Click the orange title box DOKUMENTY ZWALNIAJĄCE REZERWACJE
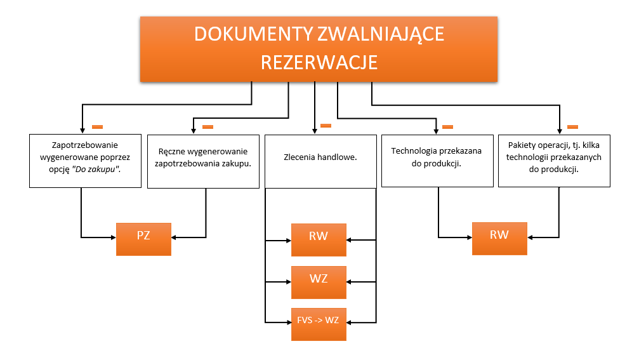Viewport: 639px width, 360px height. click(319, 48)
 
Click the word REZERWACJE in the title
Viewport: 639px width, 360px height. click(319, 62)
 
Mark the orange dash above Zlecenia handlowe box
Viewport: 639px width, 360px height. click(326, 126)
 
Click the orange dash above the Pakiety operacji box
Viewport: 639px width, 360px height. click(572, 126)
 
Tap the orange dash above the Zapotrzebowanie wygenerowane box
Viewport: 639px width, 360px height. click(97, 126)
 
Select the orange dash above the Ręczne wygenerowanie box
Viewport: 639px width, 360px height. click(208, 127)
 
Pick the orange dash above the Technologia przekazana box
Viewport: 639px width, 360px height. click(447, 127)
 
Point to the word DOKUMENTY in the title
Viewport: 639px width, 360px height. click(243, 34)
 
